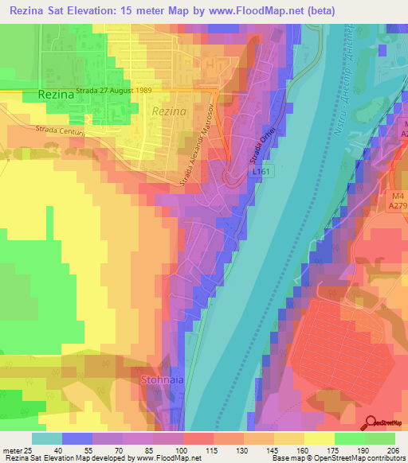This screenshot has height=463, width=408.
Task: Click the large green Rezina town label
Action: pos(54,95)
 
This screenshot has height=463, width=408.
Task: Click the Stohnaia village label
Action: pos(163,380)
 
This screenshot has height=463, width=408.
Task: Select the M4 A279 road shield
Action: pos(399,200)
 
